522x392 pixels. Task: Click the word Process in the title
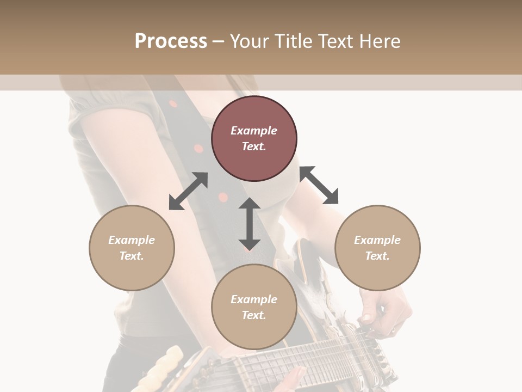click(171, 41)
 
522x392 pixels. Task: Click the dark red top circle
click(254, 138)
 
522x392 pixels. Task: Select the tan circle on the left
click(132, 248)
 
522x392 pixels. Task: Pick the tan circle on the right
click(377, 248)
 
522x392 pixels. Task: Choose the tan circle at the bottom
click(254, 307)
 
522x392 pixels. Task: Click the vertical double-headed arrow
click(250, 224)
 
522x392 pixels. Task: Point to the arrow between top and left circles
click(188, 191)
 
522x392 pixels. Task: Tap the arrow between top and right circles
click(319, 185)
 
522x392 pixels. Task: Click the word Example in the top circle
click(254, 131)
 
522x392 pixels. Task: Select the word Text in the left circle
click(131, 256)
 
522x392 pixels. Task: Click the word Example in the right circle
click(377, 240)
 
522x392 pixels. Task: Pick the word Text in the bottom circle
click(253, 315)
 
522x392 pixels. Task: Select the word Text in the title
click(333, 41)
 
